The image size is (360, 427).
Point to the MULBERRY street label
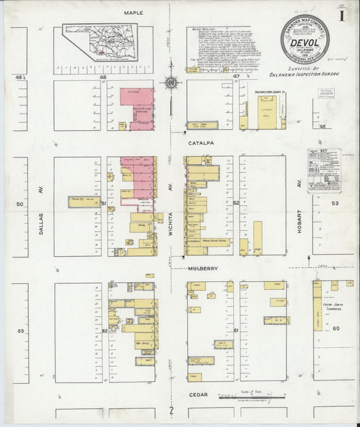202,268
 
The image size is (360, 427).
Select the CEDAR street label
199,394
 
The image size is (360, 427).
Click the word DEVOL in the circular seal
305,45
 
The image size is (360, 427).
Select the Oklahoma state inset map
100,41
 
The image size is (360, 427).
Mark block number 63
20,331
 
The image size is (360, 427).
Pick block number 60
335,327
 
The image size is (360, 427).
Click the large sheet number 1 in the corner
343,12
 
